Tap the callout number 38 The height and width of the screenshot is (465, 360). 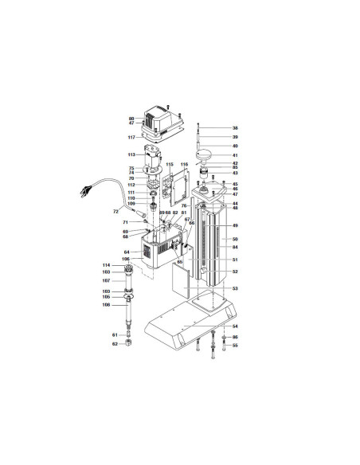[235, 128]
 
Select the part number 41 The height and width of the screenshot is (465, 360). [235, 155]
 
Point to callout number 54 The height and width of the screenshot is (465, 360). [235, 327]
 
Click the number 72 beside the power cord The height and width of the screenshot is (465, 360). [115, 213]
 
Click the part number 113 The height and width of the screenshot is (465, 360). [131, 154]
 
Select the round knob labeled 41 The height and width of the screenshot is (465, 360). [205, 153]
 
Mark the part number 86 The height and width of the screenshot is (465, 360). [235, 337]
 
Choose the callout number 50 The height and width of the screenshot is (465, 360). [235, 239]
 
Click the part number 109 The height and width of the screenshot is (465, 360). [131, 205]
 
